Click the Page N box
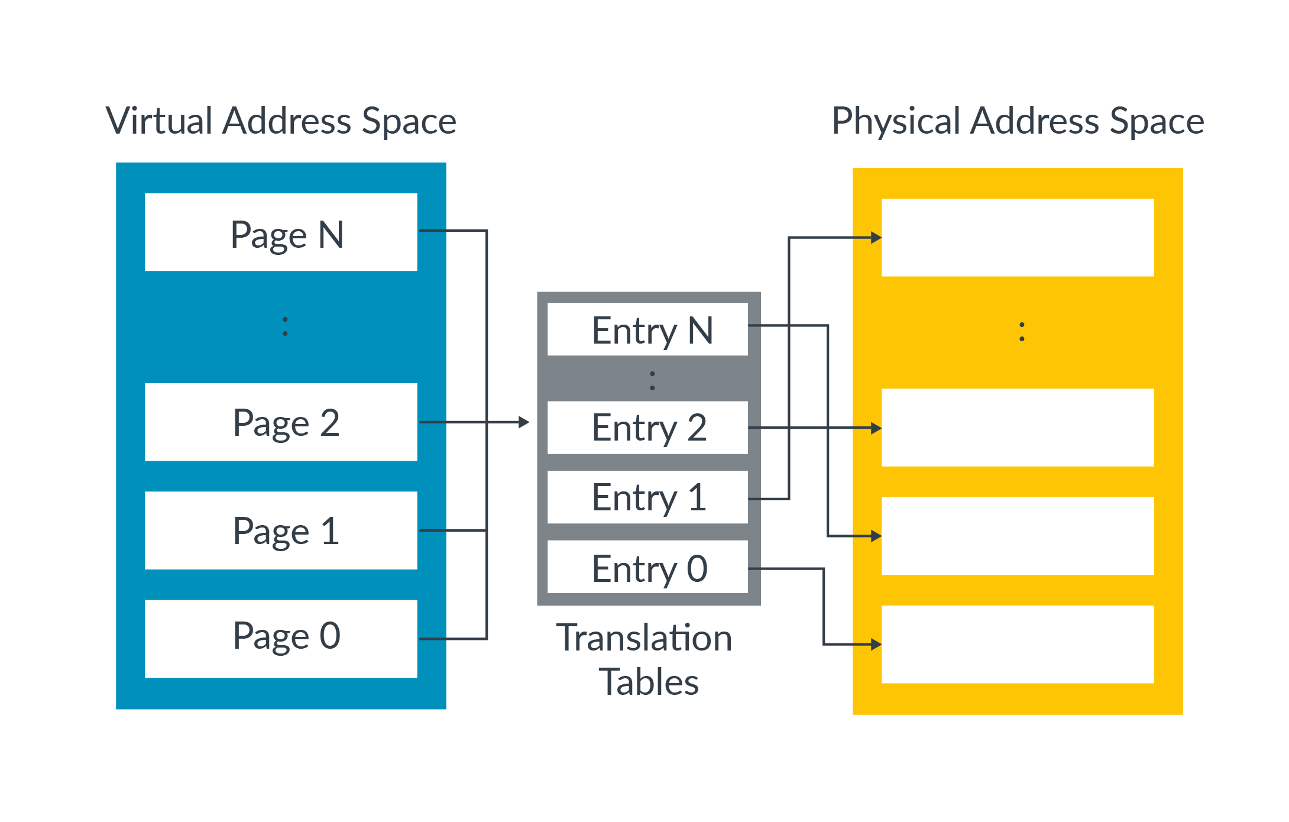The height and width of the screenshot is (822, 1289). (x=281, y=232)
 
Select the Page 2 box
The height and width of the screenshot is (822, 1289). (x=281, y=422)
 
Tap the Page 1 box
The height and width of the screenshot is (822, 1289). (x=281, y=530)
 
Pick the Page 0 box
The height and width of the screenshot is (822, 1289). (x=281, y=639)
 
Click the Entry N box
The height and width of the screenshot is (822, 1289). (x=647, y=329)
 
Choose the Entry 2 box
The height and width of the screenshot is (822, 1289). (x=647, y=428)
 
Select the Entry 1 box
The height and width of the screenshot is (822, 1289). (x=647, y=497)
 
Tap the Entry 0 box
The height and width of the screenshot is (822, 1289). (x=647, y=567)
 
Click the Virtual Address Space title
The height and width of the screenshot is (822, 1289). (x=281, y=121)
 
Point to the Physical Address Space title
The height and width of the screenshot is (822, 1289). (x=1018, y=121)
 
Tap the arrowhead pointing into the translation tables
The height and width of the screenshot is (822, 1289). (x=524, y=422)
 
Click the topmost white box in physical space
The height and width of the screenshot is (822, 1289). (x=1018, y=238)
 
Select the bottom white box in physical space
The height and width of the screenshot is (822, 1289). (x=1018, y=644)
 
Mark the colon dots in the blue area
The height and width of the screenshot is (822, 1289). (x=285, y=326)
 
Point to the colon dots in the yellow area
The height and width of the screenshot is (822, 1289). (x=1022, y=332)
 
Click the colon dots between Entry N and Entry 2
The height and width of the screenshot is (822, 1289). (x=652, y=380)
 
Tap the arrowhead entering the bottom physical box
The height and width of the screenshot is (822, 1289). (x=876, y=644)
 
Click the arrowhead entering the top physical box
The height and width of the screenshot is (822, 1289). (x=876, y=238)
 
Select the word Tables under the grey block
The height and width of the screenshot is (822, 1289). (x=649, y=682)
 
